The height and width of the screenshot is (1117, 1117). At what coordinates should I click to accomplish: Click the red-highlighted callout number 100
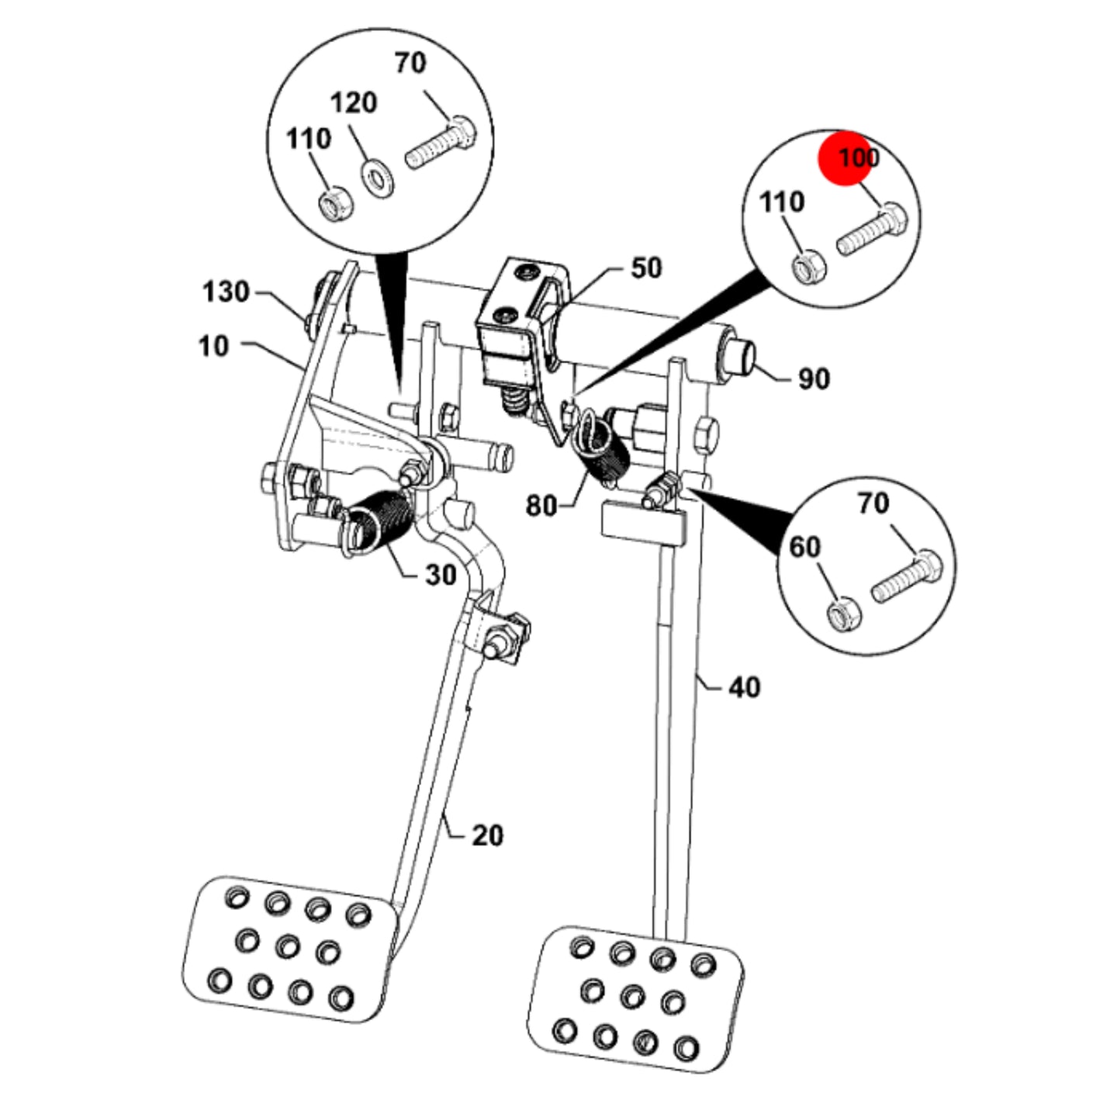[x=859, y=157]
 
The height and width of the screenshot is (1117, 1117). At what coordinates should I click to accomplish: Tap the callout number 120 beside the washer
[x=354, y=103]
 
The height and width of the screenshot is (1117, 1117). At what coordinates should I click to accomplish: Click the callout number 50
[x=645, y=268]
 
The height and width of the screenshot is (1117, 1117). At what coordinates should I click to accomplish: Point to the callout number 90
[x=814, y=379]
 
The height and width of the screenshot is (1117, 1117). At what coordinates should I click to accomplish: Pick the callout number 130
[x=226, y=292]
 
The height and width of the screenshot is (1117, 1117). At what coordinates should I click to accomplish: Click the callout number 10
[x=214, y=346]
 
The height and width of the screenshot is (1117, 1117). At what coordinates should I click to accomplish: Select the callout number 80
[x=541, y=506]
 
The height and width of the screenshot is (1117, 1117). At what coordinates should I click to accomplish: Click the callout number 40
[x=744, y=687]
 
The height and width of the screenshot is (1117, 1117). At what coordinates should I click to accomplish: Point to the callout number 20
[x=487, y=835]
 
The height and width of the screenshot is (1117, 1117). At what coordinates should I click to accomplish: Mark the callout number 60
[x=805, y=547]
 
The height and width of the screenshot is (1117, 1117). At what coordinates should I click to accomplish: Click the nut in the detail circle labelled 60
[x=843, y=616]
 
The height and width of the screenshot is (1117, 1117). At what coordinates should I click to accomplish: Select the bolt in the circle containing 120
[x=441, y=142]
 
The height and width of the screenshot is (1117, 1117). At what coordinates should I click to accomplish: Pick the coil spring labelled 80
[x=602, y=448]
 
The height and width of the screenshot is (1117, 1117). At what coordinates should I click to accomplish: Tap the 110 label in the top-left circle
[x=309, y=139]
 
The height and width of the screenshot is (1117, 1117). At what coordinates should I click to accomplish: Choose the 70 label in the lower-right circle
[x=873, y=503]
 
